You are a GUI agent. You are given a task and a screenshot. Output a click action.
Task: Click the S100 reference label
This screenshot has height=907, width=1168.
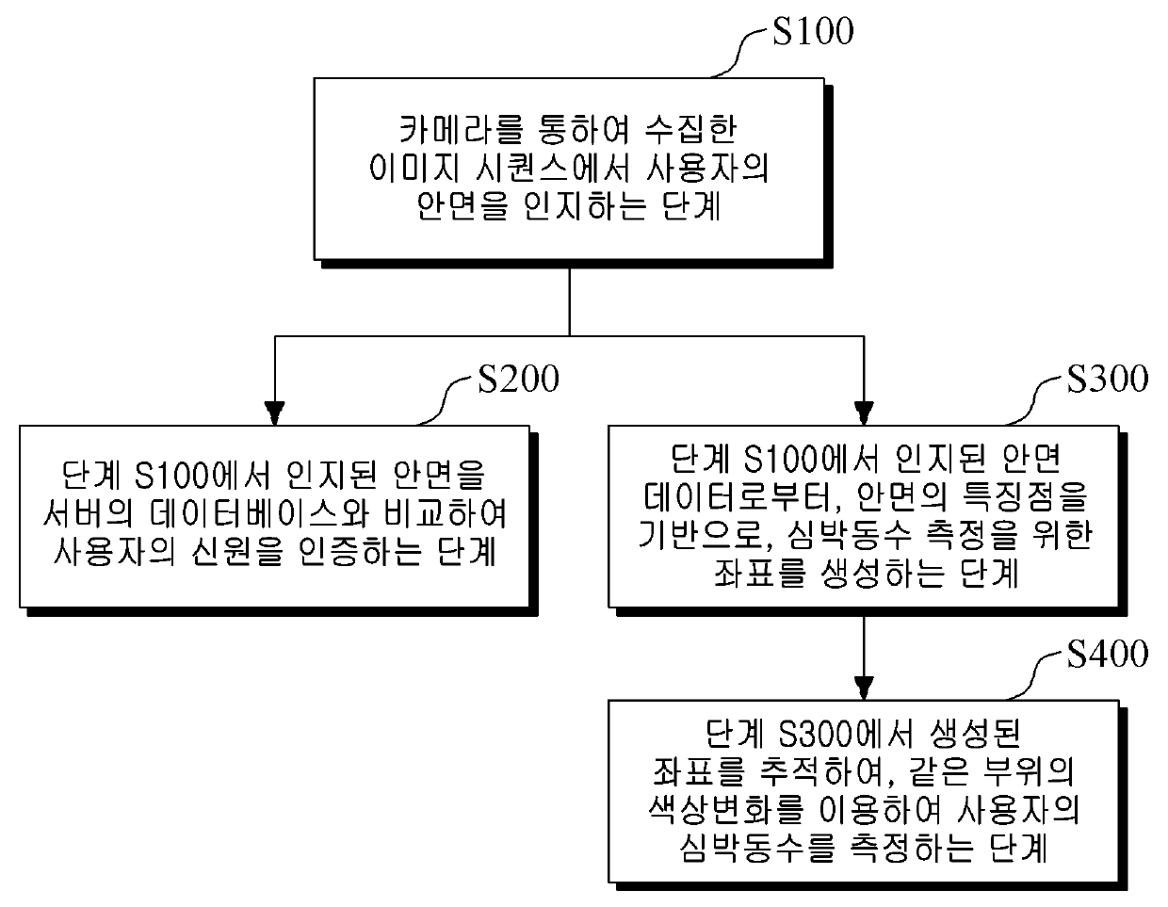pyautogui.click(x=812, y=32)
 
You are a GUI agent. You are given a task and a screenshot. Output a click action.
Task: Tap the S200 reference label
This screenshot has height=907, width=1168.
pyautogui.click(x=517, y=379)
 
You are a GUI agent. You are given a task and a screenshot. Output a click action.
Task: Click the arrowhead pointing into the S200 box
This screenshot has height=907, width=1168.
pyautogui.click(x=274, y=413)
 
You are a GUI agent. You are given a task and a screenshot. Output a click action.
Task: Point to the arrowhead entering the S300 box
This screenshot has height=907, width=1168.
pyautogui.click(x=864, y=413)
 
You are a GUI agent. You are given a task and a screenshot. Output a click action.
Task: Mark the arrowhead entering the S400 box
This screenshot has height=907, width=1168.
pyautogui.click(x=864, y=687)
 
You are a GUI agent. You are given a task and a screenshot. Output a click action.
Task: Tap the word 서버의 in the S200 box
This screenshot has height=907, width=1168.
pyautogui.click(x=79, y=515)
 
